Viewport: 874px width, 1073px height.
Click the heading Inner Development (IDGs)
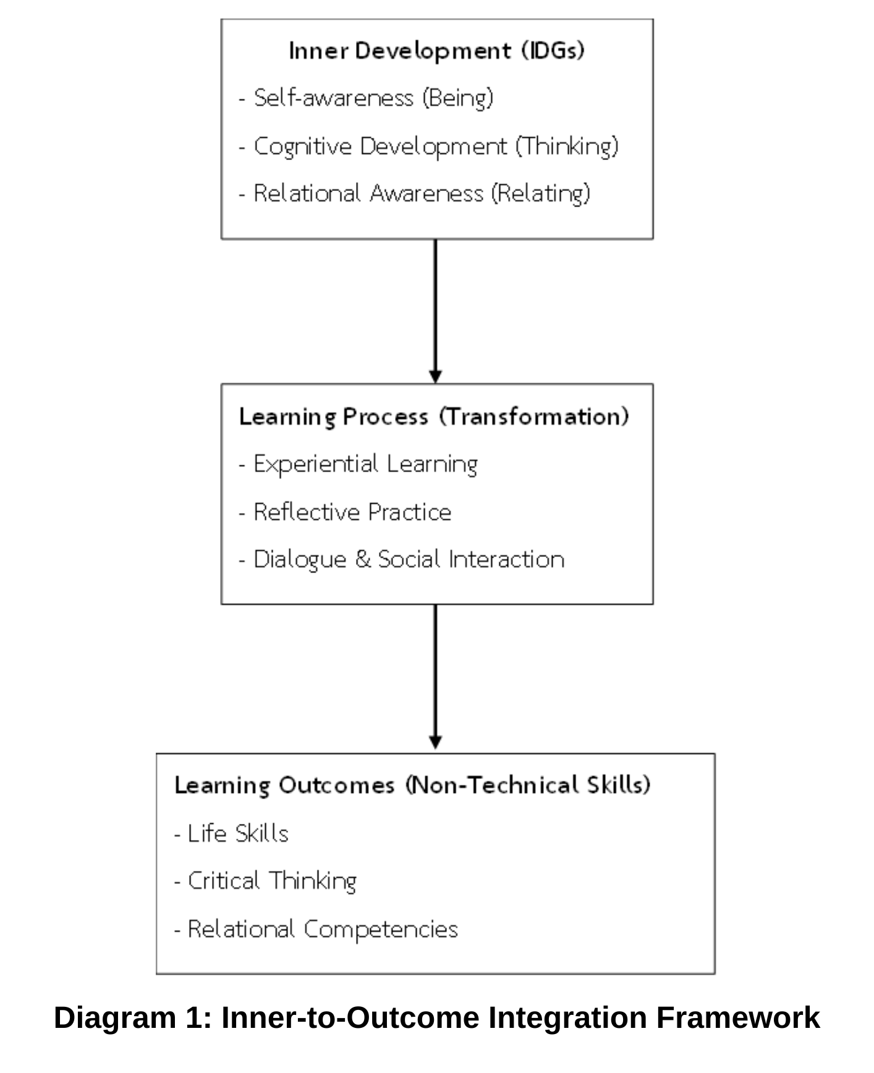(436, 51)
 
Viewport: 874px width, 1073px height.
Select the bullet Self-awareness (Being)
(366, 98)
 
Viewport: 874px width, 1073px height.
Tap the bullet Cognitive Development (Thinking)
(428, 146)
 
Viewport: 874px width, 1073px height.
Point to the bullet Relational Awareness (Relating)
(414, 193)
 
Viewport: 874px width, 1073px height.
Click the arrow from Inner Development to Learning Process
(435, 311)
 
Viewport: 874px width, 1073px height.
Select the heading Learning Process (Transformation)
(434, 417)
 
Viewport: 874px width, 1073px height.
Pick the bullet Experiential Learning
(358, 464)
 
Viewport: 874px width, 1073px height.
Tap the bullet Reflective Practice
(345, 512)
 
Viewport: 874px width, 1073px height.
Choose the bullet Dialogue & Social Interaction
(401, 559)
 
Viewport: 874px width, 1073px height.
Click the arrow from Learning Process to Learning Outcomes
(435, 676)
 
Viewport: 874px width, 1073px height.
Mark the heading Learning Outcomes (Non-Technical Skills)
(412, 785)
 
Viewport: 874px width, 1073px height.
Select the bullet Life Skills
(231, 833)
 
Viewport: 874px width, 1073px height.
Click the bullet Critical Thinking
(265, 881)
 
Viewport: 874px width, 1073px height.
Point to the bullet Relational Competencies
(316, 929)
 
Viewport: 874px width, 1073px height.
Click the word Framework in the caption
(738, 1017)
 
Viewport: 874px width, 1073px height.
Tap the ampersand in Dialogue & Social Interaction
(363, 559)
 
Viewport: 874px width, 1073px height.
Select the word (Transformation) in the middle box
(534, 417)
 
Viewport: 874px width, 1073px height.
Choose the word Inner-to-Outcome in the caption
(350, 1017)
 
